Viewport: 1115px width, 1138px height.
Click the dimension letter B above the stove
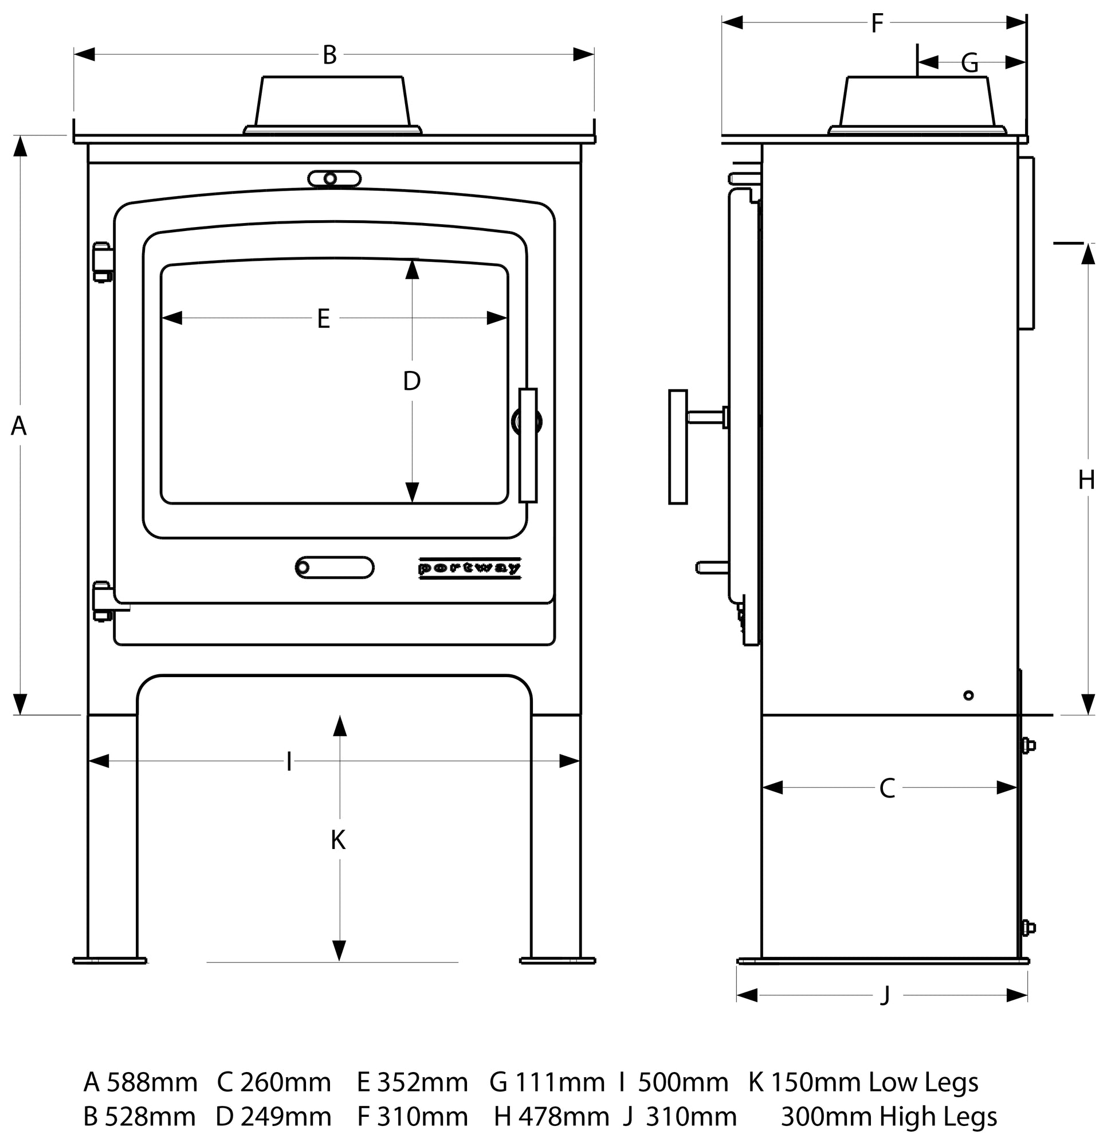tap(329, 55)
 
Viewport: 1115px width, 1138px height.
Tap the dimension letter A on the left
tap(19, 426)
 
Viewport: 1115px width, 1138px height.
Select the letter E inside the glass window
tap(323, 319)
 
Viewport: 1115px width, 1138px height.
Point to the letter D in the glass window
tap(412, 381)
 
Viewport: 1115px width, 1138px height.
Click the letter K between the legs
tap(338, 840)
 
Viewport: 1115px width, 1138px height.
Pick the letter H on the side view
tap(1086, 480)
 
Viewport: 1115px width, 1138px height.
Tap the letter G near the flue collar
tap(970, 62)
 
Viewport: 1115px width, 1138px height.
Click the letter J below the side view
tap(885, 995)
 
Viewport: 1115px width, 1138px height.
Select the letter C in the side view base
tap(887, 788)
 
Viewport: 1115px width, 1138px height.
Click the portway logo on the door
tap(470, 568)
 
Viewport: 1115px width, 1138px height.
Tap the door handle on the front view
tap(528, 445)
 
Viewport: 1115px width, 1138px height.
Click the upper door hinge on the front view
tap(103, 262)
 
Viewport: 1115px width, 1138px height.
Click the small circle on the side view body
tap(968, 695)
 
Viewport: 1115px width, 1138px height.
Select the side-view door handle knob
tap(678, 447)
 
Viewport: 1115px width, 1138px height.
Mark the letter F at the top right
tap(877, 24)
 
